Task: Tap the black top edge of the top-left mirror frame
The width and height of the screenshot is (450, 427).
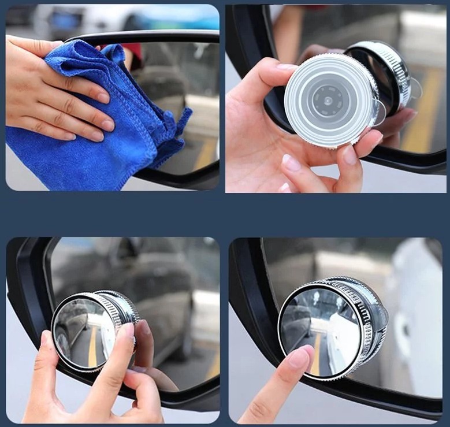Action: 144,36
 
